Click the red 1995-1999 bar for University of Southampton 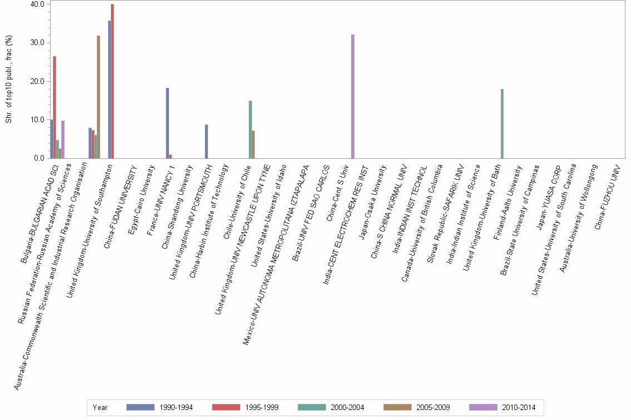pyautogui.click(x=112, y=81)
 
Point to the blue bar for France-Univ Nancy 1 pyautogui.click(x=167, y=123)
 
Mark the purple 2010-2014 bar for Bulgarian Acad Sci pyautogui.click(x=63, y=139)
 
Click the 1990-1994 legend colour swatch pyautogui.click(x=141, y=407)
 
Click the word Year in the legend pyautogui.click(x=100, y=408)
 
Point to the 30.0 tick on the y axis pyautogui.click(x=38, y=43)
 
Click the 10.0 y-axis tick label pyautogui.click(x=38, y=119)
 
